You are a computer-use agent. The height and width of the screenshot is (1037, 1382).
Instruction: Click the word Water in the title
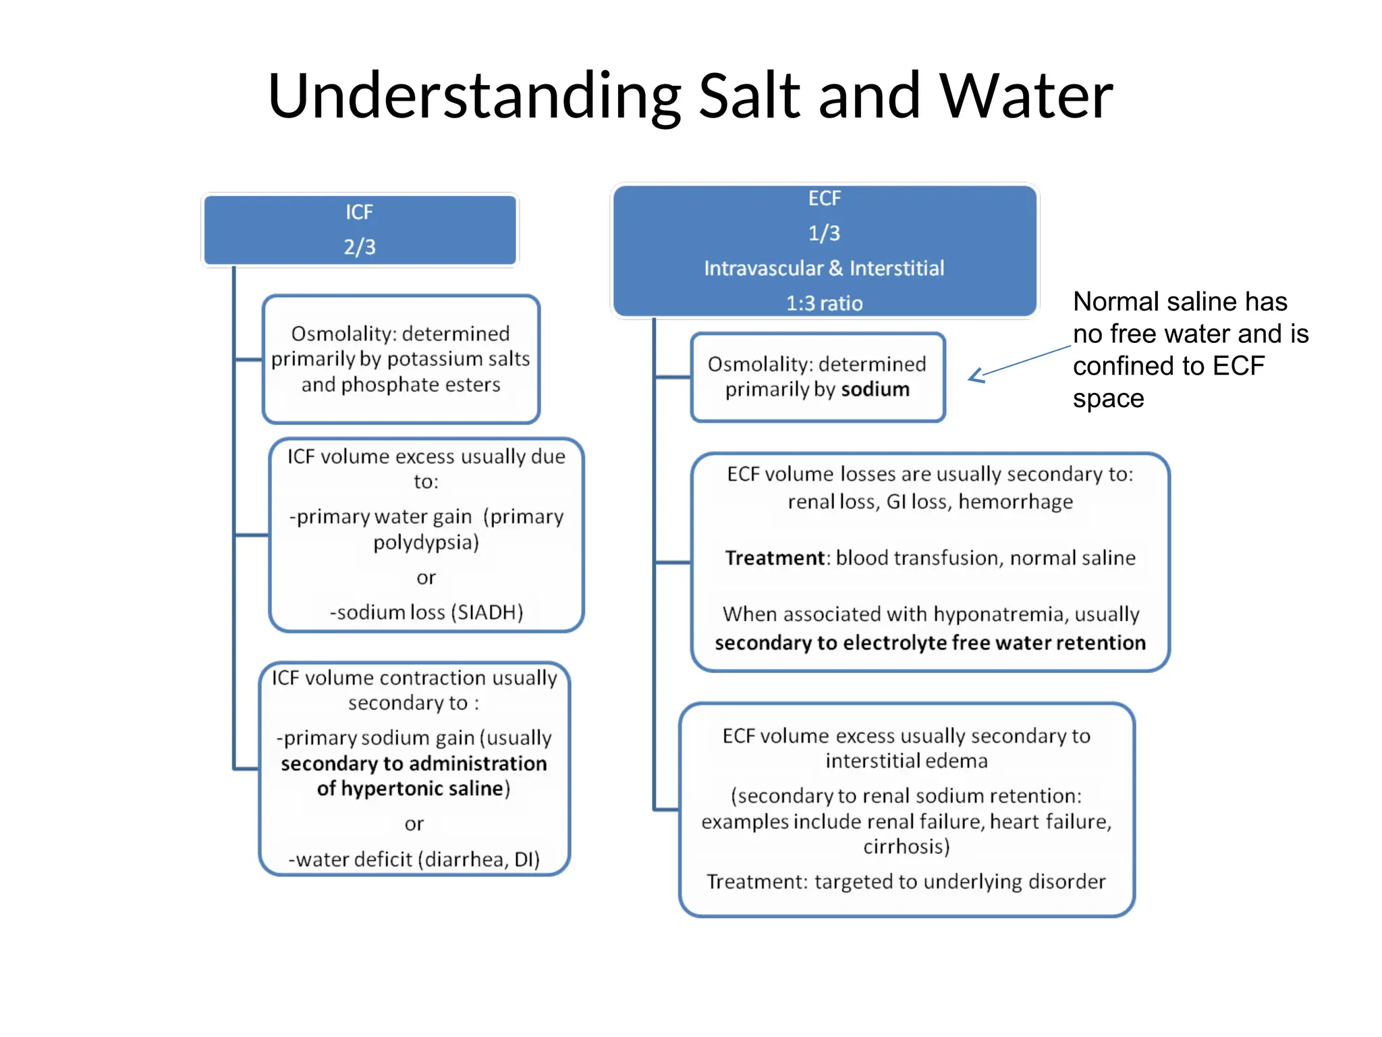[x=1026, y=96]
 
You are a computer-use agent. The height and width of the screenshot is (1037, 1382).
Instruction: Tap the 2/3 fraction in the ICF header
[x=360, y=247]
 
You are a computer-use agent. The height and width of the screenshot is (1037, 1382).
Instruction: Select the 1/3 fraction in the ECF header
[x=824, y=234]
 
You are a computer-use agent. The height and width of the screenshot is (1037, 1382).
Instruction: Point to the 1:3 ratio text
[x=824, y=303]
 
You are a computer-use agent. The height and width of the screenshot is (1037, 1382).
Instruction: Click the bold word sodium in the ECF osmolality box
[x=875, y=390]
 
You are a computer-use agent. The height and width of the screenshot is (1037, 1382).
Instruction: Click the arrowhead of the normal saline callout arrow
[x=974, y=376]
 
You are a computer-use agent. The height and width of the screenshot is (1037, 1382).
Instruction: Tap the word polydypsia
[x=426, y=543]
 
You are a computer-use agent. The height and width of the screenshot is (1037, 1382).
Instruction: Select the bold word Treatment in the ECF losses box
[x=775, y=558]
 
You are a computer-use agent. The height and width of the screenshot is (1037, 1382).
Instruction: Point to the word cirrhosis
[x=906, y=847]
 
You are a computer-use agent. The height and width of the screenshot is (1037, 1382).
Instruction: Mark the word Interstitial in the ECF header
[x=897, y=269]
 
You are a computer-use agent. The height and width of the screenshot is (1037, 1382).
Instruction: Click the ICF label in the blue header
[x=360, y=213]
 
